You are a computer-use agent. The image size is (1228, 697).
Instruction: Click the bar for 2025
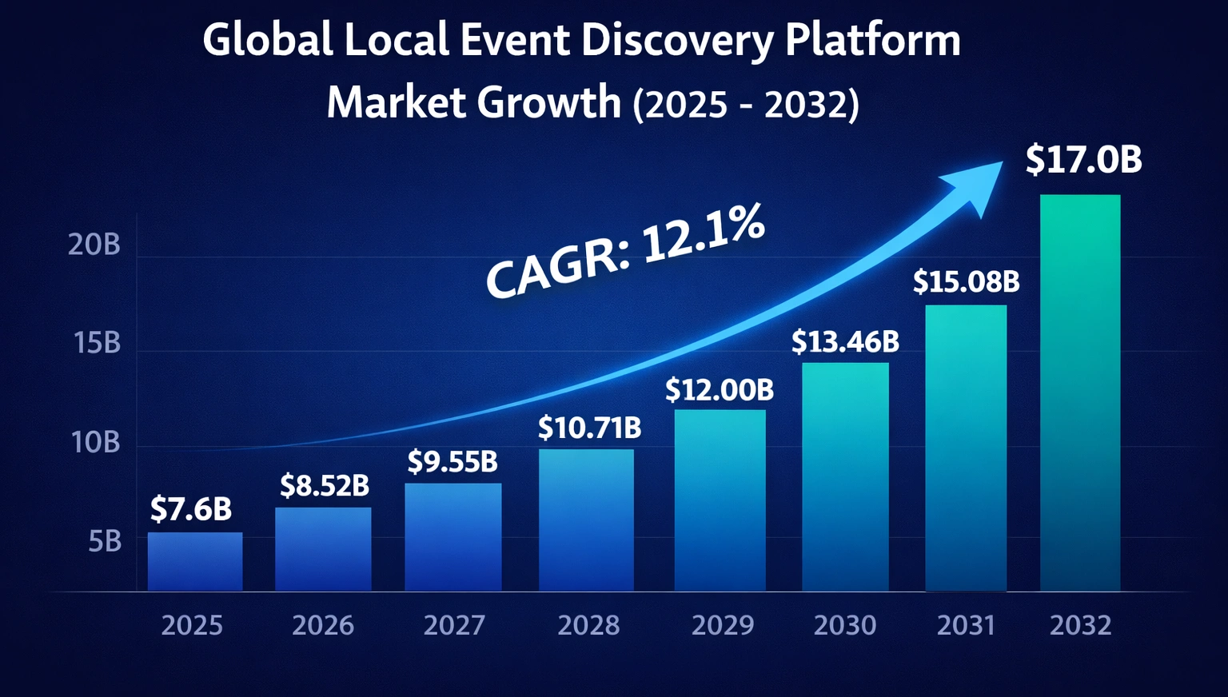[x=195, y=561]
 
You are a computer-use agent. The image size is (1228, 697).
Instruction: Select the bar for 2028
[x=586, y=520]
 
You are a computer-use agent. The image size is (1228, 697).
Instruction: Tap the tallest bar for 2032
[x=1080, y=392]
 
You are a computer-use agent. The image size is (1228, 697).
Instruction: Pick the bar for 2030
[x=845, y=476]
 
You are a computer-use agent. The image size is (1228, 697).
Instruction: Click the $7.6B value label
[x=191, y=509]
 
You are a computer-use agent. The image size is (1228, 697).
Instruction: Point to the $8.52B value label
[x=324, y=485]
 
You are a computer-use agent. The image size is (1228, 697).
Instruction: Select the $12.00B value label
[x=720, y=390]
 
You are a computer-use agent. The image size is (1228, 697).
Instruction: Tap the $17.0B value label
[x=1083, y=160]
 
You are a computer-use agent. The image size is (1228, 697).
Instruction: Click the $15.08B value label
[x=966, y=281]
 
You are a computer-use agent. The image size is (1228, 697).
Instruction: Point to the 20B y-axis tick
[x=94, y=245]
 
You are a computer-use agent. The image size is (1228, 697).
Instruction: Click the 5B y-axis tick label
[x=105, y=542]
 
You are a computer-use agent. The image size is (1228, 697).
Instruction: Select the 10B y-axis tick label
[x=96, y=442]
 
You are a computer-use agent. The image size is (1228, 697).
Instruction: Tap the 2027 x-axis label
[x=454, y=625]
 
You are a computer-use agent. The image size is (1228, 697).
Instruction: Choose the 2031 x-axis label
[x=966, y=625]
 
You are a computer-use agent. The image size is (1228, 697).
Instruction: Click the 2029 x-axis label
[x=722, y=625]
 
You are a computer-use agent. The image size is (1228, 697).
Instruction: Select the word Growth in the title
[x=548, y=103]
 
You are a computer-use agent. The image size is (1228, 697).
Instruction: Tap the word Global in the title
[x=267, y=40]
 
